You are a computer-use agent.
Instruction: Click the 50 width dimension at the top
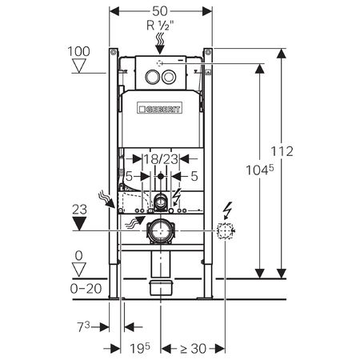click(160, 11)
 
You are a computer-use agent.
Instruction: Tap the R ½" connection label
click(160, 26)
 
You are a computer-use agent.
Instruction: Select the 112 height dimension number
click(282, 151)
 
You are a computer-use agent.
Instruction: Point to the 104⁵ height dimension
click(260, 170)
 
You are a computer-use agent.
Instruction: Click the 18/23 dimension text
click(161, 159)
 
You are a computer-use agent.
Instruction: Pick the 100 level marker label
click(78, 51)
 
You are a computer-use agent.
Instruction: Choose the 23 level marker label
click(79, 210)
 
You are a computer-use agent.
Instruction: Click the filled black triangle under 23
click(79, 223)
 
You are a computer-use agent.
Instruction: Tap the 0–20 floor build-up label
click(86, 289)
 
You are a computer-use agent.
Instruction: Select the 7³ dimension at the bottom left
click(83, 327)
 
